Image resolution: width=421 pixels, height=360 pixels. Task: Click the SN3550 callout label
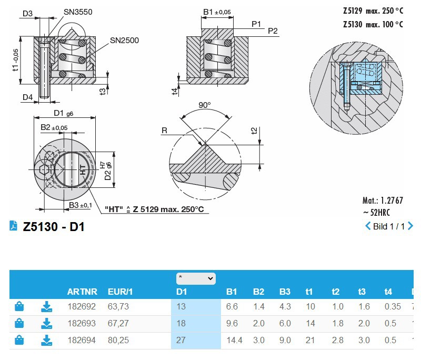click(78, 12)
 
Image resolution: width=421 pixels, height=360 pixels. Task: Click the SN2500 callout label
click(124, 40)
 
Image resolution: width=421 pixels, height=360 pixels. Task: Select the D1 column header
click(182, 292)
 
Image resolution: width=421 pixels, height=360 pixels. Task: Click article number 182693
click(82, 323)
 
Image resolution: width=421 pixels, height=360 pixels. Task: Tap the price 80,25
click(118, 340)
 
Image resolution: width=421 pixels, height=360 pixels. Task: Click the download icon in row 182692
click(47, 306)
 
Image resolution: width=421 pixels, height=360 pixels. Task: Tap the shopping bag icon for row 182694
click(19, 340)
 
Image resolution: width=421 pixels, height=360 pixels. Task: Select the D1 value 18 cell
click(181, 323)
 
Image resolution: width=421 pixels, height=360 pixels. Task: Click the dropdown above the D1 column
click(196, 277)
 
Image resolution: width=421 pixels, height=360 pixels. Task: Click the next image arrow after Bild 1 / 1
click(410, 226)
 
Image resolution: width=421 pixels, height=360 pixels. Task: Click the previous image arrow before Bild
click(368, 226)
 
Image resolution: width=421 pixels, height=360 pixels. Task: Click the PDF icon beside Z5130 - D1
click(14, 226)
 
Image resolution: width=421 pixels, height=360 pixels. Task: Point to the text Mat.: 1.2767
click(383, 201)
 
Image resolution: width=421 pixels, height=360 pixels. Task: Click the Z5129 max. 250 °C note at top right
click(373, 11)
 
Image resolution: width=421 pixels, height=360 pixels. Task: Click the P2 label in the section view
click(272, 31)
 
